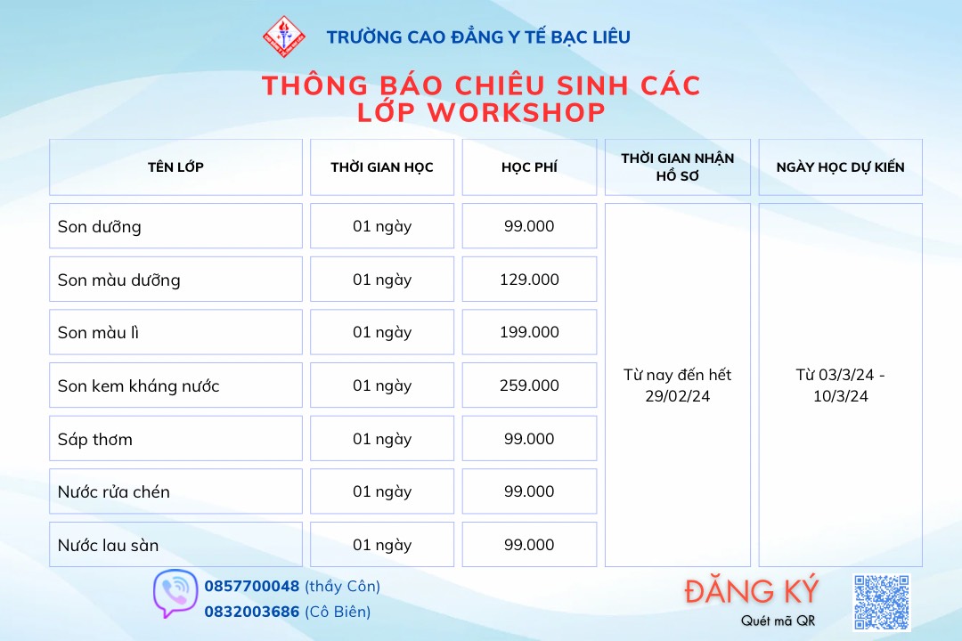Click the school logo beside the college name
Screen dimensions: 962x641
tap(284, 37)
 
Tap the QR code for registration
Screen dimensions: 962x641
tap(882, 602)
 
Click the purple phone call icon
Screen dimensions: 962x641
tap(175, 594)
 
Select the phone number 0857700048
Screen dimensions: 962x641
tap(251, 587)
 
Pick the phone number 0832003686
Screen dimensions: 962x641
tap(251, 612)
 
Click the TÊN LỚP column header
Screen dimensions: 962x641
tap(175, 166)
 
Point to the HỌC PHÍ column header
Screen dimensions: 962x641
tap(529, 166)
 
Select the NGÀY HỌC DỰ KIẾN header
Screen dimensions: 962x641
tap(840, 166)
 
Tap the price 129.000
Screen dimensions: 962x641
tap(529, 280)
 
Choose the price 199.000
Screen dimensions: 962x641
tap(529, 332)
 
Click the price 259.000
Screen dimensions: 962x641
tap(529, 385)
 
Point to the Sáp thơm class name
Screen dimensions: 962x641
tap(95, 439)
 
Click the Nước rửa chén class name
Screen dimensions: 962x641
tap(113, 492)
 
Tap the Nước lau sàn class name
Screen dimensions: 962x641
tap(108, 546)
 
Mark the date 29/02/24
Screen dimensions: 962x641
tap(677, 396)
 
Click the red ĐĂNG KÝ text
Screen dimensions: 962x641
tap(752, 591)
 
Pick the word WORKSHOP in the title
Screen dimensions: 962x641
tap(517, 112)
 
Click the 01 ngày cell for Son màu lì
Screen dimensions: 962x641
tap(381, 332)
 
